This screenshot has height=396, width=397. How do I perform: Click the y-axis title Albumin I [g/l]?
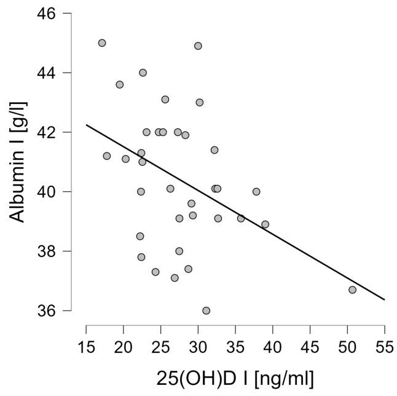[19, 162]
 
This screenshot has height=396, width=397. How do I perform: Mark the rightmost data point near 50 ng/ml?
[352, 290]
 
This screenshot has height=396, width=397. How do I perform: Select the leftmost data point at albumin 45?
[102, 43]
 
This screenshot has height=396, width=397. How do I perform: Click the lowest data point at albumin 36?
[206, 311]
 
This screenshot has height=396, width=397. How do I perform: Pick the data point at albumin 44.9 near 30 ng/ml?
[198, 46]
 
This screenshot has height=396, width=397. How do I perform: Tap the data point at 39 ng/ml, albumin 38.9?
[265, 224]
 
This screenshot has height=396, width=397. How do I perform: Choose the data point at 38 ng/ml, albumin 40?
[256, 192]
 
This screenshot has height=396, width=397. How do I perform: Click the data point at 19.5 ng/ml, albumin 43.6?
[120, 85]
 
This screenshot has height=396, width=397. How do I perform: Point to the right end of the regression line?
[385, 300]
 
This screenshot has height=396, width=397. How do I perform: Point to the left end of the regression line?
[86, 125]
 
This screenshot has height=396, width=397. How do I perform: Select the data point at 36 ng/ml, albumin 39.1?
[241, 218]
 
